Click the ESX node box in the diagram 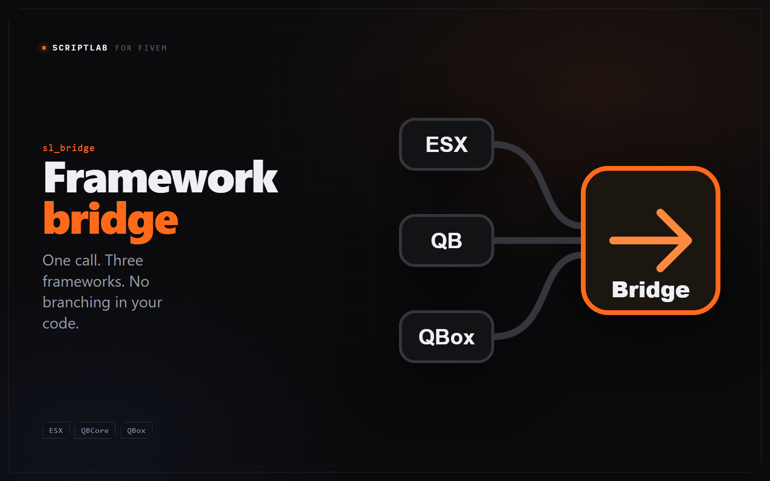pos(447,144)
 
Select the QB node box pos(447,240)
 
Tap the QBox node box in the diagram pos(447,337)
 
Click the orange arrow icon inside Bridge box pos(650,240)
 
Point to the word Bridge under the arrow pos(651,291)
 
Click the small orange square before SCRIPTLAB pos(44,48)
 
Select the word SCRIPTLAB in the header pos(80,48)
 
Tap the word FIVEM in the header pos(152,48)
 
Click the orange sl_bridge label pos(68,148)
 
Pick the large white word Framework pos(161,177)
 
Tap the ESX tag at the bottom pos(56,430)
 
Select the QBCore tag pos(95,430)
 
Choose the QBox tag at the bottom pos(137,430)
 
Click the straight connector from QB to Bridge pos(538,240)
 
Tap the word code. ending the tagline pos(61,324)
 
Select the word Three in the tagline pos(124,260)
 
